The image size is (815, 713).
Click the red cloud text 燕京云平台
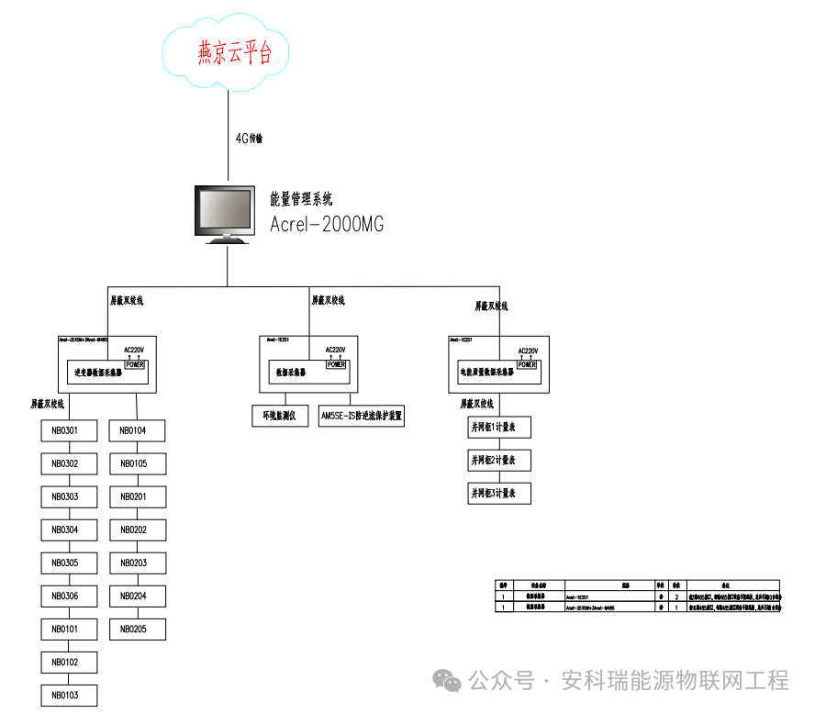(236, 52)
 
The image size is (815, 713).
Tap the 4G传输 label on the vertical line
(248, 139)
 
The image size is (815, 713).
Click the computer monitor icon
(226, 213)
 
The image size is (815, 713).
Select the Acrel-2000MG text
(327, 225)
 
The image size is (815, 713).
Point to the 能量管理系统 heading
(302, 198)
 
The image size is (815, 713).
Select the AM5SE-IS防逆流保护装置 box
(361, 416)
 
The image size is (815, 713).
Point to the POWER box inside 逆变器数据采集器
(135, 364)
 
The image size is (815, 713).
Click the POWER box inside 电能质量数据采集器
(527, 364)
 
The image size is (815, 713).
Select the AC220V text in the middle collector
(336, 350)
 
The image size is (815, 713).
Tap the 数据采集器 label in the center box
(291, 373)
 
